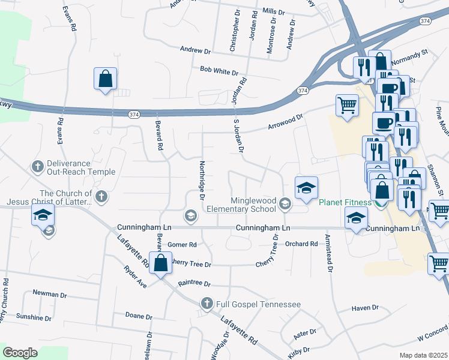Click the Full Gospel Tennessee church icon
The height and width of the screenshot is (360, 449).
pos(208,304)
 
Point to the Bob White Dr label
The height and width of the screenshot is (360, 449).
pos(219,71)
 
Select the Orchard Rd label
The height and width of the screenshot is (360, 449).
pos(301,244)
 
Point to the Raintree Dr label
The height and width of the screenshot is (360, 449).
pos(194,283)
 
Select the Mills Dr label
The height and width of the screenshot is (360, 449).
pos(273,11)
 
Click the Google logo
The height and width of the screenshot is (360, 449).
pos(20,353)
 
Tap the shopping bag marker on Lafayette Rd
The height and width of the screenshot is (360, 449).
pos(160,264)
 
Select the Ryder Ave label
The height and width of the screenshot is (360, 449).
pos(135,276)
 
